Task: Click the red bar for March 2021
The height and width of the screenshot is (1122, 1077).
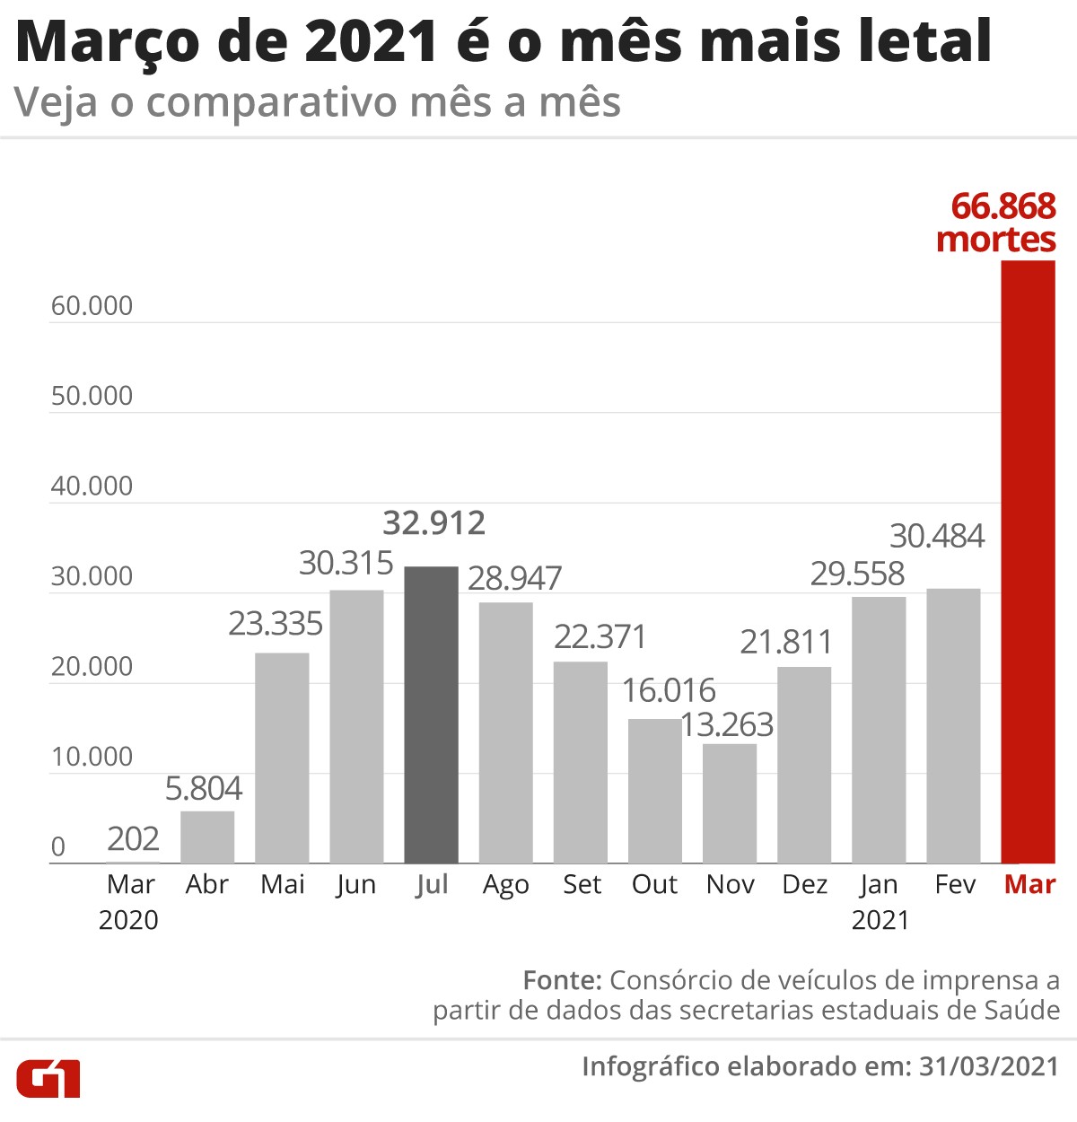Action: click(1029, 562)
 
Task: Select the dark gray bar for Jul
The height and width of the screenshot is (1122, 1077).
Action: click(431, 714)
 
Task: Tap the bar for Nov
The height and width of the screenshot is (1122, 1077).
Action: click(730, 803)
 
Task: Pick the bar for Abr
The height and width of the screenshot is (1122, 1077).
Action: click(207, 837)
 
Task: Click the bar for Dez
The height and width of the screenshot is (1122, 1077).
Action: click(804, 765)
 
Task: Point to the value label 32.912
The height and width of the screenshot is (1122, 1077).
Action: click(433, 522)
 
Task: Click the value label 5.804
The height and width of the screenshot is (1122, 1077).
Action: click(204, 788)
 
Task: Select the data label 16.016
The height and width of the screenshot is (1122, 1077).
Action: click(669, 690)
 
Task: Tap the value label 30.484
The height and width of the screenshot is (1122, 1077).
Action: click(937, 536)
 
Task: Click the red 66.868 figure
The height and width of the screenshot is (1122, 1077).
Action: click(1003, 206)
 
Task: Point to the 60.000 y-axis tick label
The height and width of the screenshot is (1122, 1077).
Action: click(92, 306)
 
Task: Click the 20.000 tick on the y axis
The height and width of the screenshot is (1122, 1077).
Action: click(92, 667)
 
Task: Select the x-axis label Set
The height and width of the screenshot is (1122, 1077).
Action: click(582, 885)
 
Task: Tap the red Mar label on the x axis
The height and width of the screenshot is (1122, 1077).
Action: click(1029, 885)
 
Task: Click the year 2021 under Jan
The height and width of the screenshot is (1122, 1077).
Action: click(880, 921)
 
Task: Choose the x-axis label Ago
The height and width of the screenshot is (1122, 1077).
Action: click(506, 885)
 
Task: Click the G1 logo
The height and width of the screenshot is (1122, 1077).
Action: click(48, 1077)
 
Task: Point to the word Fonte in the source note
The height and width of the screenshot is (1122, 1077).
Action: click(562, 979)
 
